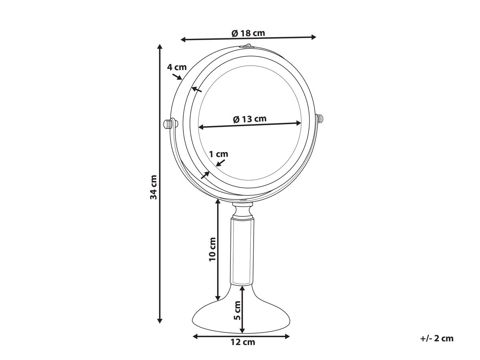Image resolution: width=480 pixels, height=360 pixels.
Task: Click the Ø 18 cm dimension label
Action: point(248,33)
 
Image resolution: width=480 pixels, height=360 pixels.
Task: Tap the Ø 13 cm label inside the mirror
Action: point(250,119)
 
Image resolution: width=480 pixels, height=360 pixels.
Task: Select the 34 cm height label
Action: point(154,187)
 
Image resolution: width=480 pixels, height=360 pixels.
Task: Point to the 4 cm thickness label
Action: point(177,67)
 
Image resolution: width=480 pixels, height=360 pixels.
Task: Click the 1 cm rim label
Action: point(218,154)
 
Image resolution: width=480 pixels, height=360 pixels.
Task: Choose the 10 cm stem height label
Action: point(212,249)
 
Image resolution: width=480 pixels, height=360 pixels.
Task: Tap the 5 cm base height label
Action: point(237,310)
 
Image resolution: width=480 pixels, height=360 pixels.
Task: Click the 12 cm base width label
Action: point(243,348)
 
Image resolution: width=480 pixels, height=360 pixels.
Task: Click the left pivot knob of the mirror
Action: point(168,124)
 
